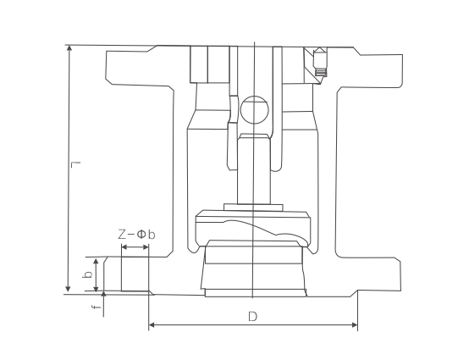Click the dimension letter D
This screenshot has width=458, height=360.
252,317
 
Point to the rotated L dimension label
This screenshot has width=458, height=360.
75,165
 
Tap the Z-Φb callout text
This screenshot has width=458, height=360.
136,235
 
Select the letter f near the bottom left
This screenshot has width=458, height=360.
96,307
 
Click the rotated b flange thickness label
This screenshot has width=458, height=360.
87,274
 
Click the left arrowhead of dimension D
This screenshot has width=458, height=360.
152,324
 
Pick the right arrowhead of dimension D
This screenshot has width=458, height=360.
355,324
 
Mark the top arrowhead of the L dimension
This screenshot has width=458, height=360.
69,48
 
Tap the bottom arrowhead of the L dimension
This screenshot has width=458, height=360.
68,289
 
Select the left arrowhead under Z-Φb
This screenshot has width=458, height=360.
124,247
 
